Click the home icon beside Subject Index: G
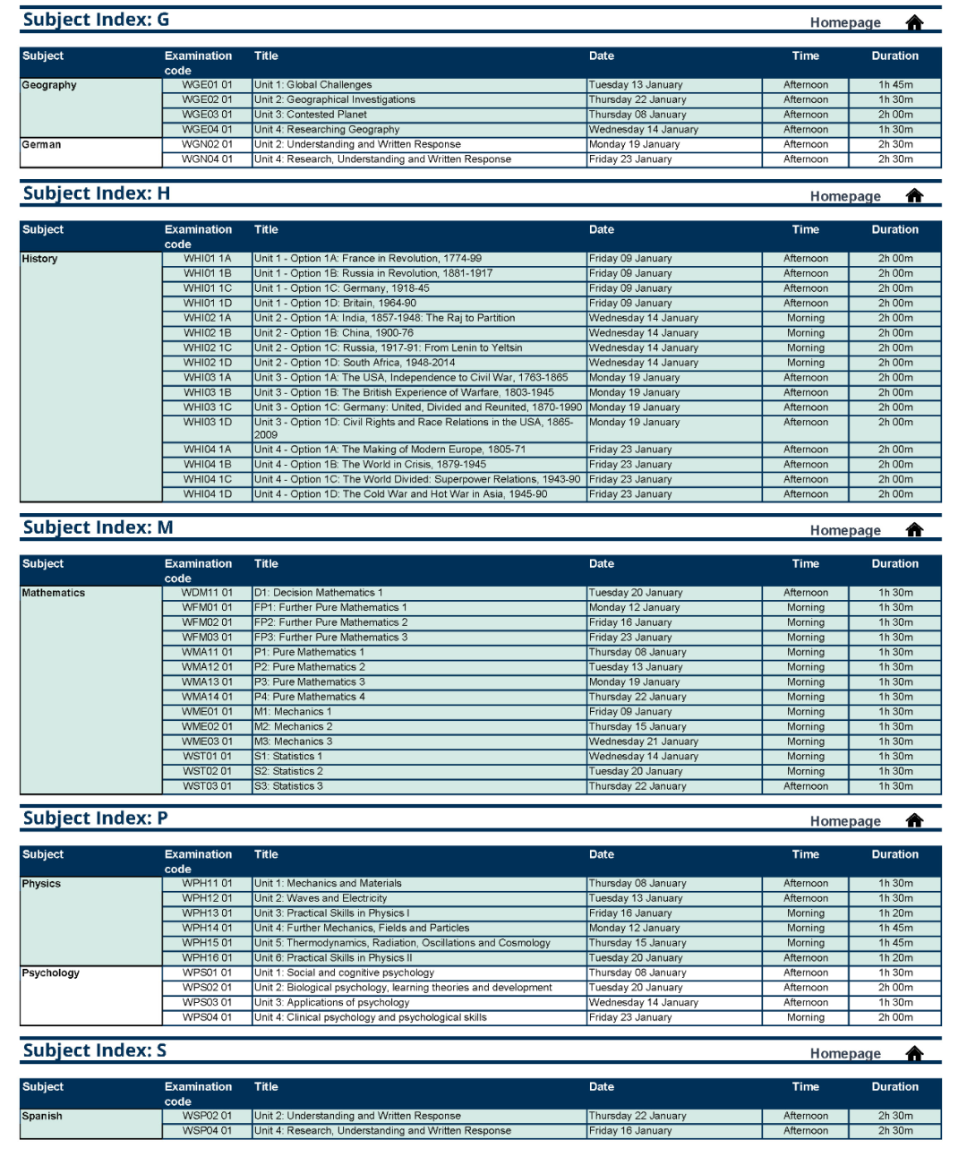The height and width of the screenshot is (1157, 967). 914,22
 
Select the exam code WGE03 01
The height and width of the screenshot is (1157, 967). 207,115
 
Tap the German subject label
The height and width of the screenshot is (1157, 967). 42,144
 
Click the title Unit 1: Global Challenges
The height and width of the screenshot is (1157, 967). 312,85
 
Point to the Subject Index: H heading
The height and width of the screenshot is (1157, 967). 96,193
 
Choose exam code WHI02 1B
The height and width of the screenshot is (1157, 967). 207,333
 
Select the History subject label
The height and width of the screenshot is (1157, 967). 40,259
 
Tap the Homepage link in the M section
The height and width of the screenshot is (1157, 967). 845,530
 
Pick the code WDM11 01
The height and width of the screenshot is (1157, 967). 207,593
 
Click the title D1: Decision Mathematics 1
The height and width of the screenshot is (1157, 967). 318,593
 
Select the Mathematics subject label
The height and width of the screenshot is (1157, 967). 54,593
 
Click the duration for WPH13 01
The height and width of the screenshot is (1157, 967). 895,913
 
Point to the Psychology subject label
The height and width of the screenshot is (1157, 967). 51,973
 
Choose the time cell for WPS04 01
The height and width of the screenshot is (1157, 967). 806,1018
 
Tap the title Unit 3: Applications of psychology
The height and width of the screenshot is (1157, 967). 331,1003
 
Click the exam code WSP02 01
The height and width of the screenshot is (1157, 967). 207,1117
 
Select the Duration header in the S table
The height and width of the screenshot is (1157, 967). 895,1087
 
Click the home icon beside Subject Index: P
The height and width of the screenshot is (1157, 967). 914,821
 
